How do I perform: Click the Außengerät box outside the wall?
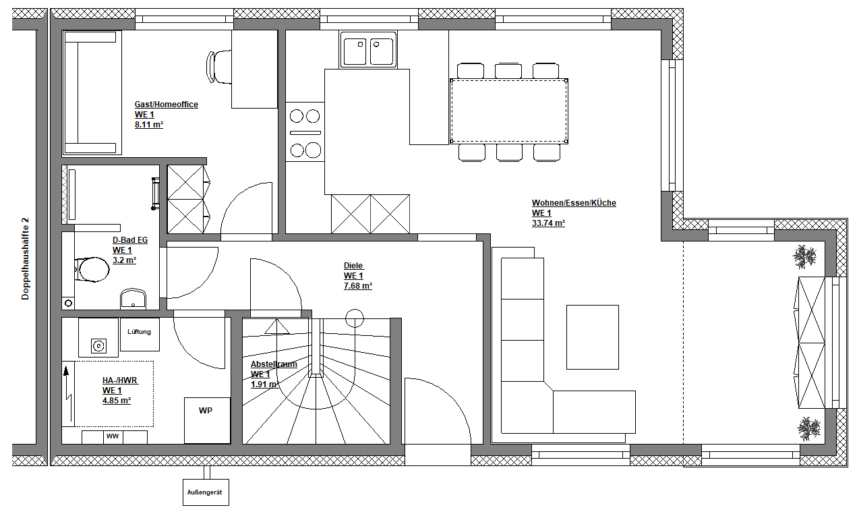206,492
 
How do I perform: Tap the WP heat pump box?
208,420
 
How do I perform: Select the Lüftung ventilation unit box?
140,334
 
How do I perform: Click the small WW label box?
113,437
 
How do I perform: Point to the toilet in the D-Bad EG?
92,269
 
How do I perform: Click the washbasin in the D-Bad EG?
133,299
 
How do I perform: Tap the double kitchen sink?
368,50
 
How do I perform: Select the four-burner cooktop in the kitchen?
305,132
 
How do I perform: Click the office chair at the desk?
219,67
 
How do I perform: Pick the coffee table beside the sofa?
593,337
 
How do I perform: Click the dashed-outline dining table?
509,111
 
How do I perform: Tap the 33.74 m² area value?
548,223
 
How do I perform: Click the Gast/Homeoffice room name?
167,105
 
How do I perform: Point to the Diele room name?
353,266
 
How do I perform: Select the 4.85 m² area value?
117,401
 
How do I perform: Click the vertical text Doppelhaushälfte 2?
26,259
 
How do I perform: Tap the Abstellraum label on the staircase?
274,364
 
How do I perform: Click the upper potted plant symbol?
804,256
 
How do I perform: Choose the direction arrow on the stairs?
277,326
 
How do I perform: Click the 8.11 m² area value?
149,125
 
